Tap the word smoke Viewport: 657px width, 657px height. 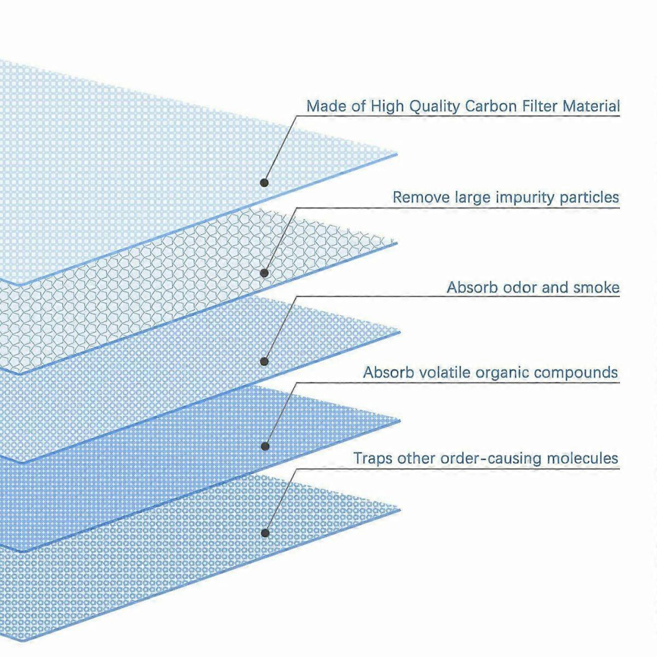click(x=596, y=287)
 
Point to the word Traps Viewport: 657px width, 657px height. click(x=374, y=459)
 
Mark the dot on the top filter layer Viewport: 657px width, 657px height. click(x=264, y=183)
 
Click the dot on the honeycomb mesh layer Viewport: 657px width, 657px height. click(x=264, y=273)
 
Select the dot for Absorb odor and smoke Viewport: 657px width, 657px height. click(x=264, y=361)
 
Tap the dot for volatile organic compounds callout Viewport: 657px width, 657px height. click(x=265, y=446)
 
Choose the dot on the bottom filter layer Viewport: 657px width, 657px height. click(x=265, y=533)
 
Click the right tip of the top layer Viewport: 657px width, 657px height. click(x=397, y=154)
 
